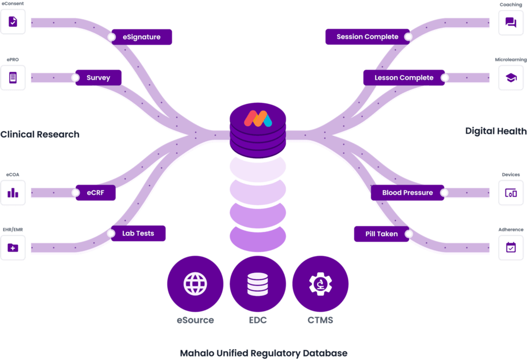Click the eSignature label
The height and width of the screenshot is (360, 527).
pos(142,37)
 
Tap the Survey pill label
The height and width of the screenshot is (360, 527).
pos(98,78)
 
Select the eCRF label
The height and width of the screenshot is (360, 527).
pos(95,193)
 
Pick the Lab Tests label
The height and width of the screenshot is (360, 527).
pos(138,233)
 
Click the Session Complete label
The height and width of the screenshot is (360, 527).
pos(367,37)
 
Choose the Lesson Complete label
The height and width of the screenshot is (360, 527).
pos(404,78)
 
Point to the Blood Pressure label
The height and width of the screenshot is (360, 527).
pos(408,193)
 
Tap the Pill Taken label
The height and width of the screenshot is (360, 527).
pos(381,233)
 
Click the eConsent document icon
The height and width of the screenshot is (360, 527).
pos(13,22)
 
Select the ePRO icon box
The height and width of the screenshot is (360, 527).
pos(13,78)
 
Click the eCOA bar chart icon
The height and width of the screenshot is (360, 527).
pos(13,193)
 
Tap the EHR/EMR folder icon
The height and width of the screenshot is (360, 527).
pos(13,248)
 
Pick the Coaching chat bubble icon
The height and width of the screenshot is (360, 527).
pos(511,23)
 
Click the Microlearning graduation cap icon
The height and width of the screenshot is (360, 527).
pos(511,78)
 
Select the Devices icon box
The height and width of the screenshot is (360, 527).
pos(511,193)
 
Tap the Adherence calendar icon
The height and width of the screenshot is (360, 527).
pos(511,247)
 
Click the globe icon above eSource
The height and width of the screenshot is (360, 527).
pos(195,284)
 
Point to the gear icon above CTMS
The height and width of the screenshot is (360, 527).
pos(320,284)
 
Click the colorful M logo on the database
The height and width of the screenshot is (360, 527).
pos(258,119)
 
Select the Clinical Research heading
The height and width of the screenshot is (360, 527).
pos(40,134)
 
